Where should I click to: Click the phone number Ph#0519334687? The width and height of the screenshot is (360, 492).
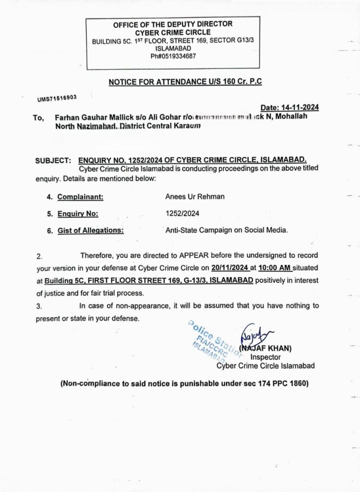pyautogui.click(x=173, y=56)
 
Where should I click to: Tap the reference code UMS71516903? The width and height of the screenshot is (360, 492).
pyautogui.click(x=57, y=98)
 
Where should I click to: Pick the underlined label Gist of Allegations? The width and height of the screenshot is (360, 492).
pyautogui.click(x=90, y=230)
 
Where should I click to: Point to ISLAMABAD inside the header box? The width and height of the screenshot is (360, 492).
pyautogui.click(x=173, y=49)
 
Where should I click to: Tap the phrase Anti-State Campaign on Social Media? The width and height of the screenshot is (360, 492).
pyautogui.click(x=226, y=230)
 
